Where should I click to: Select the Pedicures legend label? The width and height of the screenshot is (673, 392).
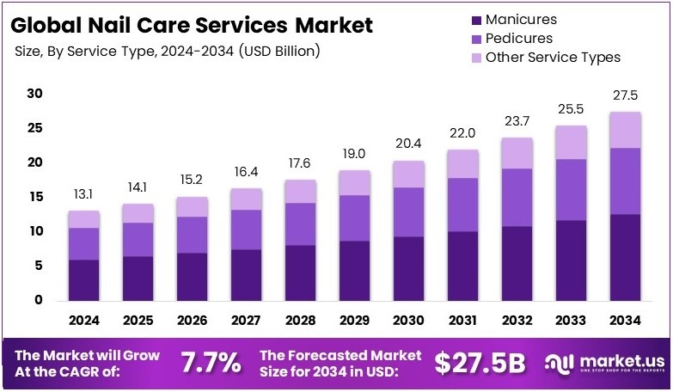click(x=519, y=39)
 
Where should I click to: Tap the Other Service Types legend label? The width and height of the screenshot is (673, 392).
click(x=553, y=58)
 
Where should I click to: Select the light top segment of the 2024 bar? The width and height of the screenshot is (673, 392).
click(x=83, y=219)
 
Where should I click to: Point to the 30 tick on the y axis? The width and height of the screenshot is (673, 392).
click(x=34, y=93)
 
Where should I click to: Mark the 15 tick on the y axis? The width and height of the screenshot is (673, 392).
click(x=34, y=197)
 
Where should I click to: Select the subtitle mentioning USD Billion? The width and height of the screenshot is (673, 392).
click(x=168, y=52)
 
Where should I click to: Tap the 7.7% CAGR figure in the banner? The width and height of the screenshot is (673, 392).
click(x=211, y=363)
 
